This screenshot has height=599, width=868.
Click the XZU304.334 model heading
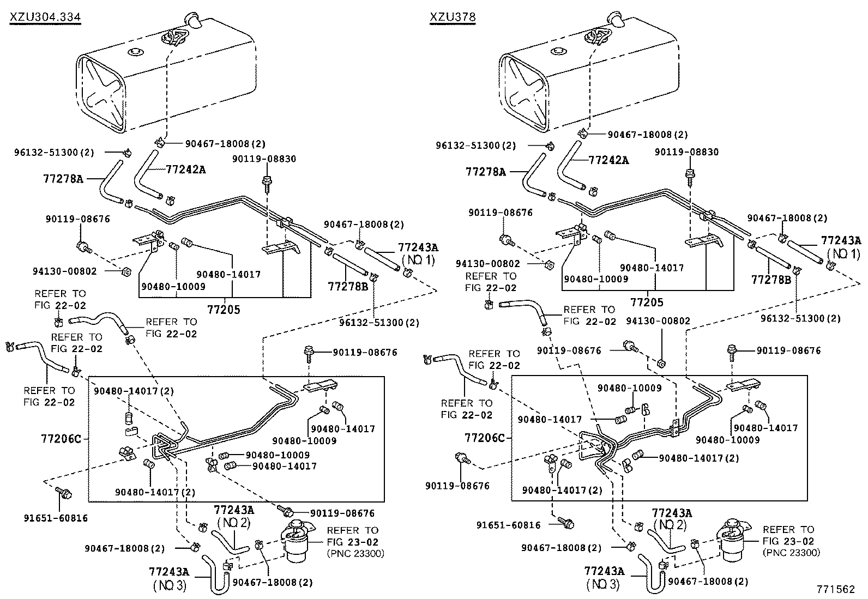[45, 17]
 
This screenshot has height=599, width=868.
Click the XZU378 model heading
[453, 17]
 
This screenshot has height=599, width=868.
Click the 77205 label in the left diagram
[224, 310]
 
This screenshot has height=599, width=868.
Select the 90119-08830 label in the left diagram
[264, 159]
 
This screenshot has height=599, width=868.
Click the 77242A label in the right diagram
[608, 160]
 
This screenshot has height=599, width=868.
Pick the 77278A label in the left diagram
[63, 178]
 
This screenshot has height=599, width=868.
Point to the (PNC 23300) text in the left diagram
[355, 553]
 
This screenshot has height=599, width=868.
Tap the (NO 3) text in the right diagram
[604, 584]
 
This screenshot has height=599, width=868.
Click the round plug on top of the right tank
[557, 52]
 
